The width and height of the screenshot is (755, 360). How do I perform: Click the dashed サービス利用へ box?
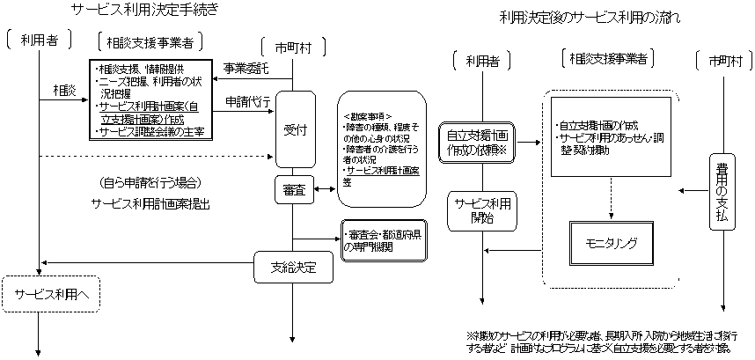tap(51, 295)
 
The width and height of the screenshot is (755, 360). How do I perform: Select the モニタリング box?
tap(610, 240)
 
